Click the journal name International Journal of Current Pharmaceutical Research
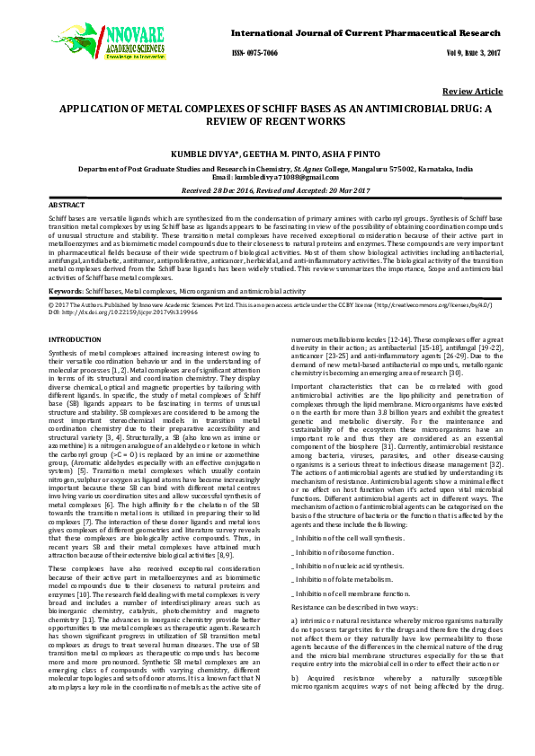(366, 32)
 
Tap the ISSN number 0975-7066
(254, 53)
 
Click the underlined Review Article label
(472, 92)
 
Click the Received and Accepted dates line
(267, 190)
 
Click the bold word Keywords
(66, 292)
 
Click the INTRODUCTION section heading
(75, 340)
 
